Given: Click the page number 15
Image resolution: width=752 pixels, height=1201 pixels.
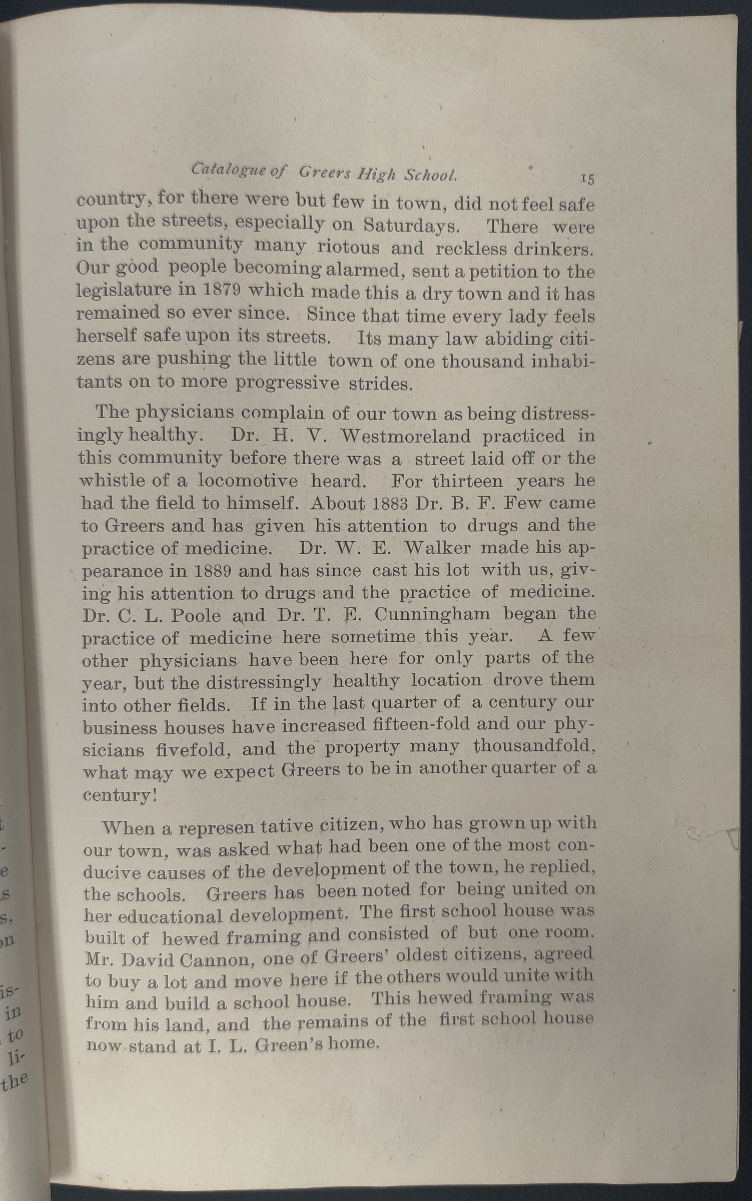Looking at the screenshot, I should click(x=587, y=179).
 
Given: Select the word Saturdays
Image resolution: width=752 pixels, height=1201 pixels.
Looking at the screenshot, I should click(x=411, y=226).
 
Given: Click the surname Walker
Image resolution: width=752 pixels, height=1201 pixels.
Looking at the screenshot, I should click(x=437, y=548).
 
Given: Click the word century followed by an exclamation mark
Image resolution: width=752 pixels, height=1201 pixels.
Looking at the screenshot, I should click(x=120, y=794).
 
